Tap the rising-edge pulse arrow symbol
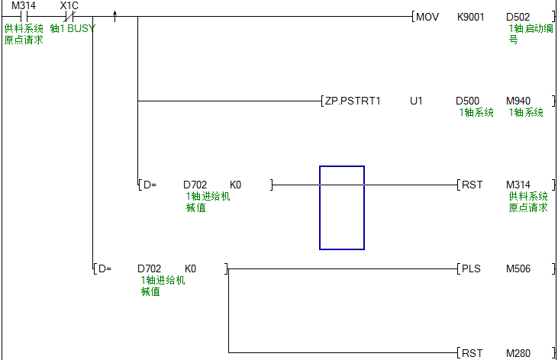[115, 15]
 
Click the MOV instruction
[427, 17]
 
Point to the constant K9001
[470, 17]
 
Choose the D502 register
[519, 17]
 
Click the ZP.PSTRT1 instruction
[354, 101]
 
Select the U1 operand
[416, 101]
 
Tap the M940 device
[519, 101]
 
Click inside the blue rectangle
[342, 207]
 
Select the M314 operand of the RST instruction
[519, 185]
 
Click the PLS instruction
[471, 268]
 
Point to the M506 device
[519, 268]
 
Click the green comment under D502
[526, 34]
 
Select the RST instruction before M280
[472, 352]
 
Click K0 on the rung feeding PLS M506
[190, 268]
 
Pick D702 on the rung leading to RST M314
[195, 185]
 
